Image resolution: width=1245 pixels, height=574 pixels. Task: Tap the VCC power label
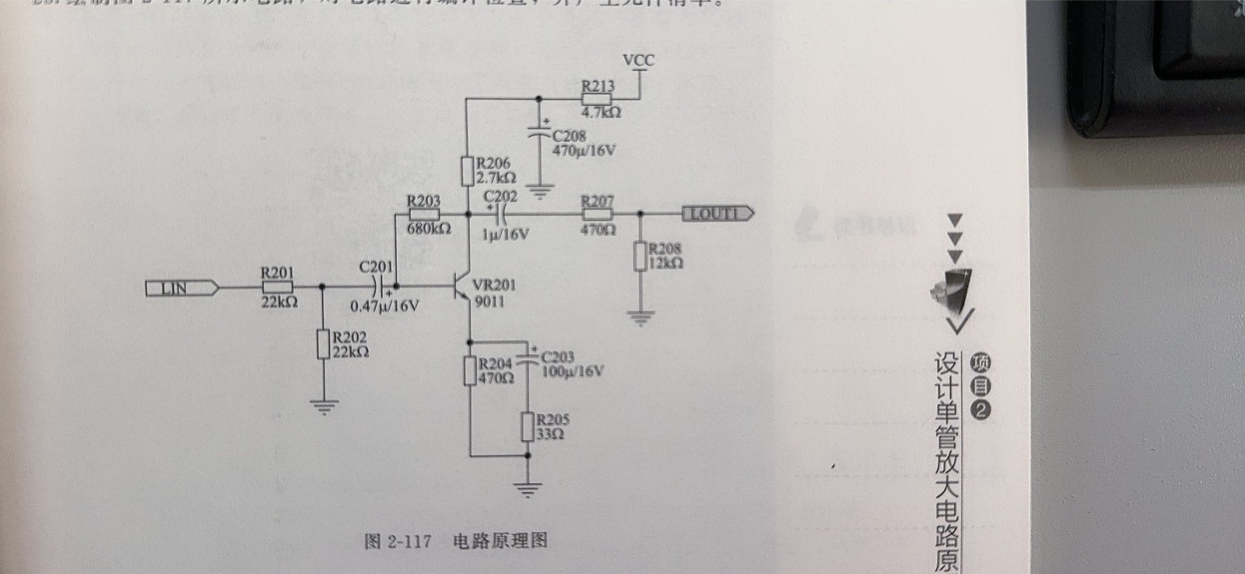639,60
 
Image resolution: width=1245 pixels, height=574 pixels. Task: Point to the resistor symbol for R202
324,344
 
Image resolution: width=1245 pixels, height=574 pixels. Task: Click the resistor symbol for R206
467,171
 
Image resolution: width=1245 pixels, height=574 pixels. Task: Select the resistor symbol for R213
597,100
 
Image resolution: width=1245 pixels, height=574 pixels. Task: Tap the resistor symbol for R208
640,256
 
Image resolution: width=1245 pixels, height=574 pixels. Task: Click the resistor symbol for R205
528,427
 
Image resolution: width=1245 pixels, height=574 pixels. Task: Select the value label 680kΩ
428,229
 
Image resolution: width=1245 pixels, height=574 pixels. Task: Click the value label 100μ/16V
572,372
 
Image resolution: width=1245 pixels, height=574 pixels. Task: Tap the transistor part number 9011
489,302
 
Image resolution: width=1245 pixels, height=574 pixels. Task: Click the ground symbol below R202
324,405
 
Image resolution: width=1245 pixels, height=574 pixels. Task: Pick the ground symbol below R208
640,317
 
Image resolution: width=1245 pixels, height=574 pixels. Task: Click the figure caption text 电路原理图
500,541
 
